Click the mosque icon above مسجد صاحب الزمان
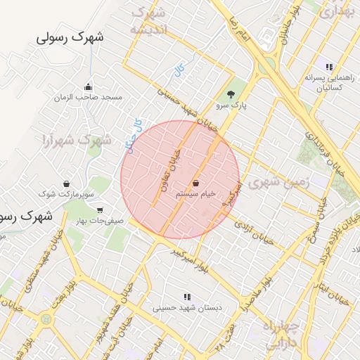click(x=88, y=86)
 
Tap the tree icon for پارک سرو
click(x=230, y=94)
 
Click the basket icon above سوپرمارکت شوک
click(x=66, y=183)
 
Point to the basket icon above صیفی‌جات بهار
click(x=99, y=210)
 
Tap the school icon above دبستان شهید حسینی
click(x=187, y=297)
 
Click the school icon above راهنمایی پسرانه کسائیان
click(x=328, y=67)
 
